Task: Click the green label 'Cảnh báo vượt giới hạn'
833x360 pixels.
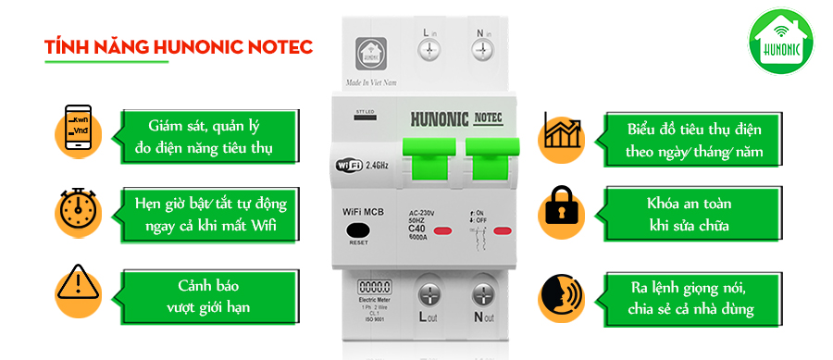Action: click(x=209, y=295)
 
